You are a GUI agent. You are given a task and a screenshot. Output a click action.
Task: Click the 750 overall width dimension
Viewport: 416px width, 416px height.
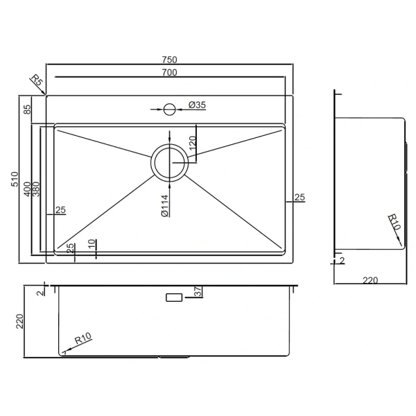(x=170, y=60)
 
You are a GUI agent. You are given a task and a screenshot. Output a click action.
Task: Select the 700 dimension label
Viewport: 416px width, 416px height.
(x=170, y=72)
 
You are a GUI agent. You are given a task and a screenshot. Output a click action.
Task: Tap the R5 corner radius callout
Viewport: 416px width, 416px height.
(x=36, y=80)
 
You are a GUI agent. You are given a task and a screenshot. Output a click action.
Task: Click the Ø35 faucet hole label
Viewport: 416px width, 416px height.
(x=197, y=105)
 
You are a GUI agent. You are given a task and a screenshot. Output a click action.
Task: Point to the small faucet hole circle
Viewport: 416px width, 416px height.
(x=169, y=109)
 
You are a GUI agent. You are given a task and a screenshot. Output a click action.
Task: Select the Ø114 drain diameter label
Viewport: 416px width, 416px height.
(x=165, y=206)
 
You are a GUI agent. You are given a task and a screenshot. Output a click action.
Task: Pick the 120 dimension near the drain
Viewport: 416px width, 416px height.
(x=193, y=144)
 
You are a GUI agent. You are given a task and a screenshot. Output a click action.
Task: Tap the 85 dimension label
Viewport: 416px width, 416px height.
(x=27, y=110)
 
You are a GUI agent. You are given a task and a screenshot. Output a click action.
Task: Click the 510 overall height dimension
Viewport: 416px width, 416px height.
(x=15, y=179)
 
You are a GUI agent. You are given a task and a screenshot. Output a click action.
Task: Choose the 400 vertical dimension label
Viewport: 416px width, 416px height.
(x=27, y=189)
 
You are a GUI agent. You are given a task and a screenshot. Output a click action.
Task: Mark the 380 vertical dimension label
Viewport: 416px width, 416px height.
(x=36, y=189)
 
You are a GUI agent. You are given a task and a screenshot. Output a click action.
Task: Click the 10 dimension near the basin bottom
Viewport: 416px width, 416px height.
(x=92, y=243)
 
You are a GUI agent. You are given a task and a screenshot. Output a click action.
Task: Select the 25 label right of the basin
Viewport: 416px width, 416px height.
(x=300, y=198)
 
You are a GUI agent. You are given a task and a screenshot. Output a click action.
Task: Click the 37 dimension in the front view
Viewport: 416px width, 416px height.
(x=198, y=292)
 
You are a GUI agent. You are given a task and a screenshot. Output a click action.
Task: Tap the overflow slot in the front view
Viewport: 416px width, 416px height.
(x=174, y=297)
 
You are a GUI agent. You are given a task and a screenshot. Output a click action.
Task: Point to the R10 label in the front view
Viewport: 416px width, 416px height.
(x=83, y=338)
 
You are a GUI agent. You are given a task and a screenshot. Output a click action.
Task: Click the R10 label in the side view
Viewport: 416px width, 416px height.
(x=395, y=222)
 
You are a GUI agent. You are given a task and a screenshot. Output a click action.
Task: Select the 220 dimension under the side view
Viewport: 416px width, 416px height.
(x=370, y=280)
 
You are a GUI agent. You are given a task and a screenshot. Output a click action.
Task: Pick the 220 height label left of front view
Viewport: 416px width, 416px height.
(x=20, y=321)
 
